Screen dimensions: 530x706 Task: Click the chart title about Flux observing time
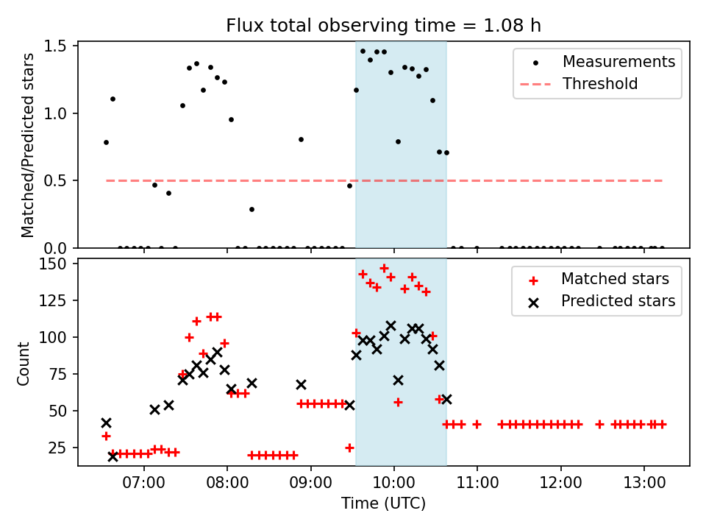(383, 26)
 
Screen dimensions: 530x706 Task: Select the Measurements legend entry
(618, 62)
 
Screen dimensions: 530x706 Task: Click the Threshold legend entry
(600, 84)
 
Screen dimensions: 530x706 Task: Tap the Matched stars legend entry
(615, 279)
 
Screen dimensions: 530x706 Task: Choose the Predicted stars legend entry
(618, 300)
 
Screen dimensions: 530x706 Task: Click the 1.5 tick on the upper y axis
(58, 46)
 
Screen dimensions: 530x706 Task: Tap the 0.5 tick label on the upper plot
(58, 181)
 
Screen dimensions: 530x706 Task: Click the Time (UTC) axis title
(383, 504)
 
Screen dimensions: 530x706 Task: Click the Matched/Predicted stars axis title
(28, 145)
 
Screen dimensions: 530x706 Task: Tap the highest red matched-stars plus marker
(384, 269)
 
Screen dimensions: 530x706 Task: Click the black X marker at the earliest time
(106, 423)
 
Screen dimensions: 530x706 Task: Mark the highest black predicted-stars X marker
(391, 325)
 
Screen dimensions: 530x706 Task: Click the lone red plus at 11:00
(477, 424)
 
